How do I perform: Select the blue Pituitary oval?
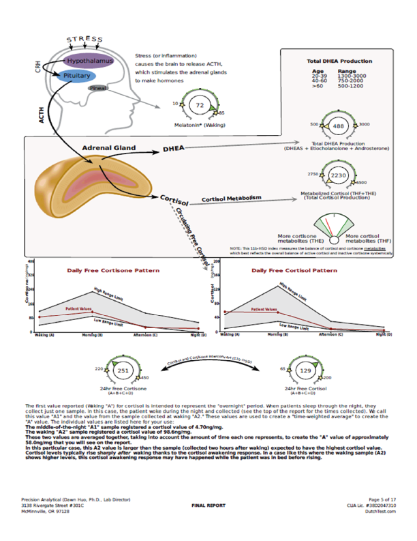(x=77, y=76)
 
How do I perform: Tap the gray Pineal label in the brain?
(x=98, y=88)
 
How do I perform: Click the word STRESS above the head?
(x=80, y=40)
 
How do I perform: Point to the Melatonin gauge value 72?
(x=200, y=106)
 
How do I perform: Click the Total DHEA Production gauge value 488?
(x=339, y=127)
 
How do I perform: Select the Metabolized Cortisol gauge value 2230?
(x=338, y=175)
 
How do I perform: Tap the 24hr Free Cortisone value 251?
(x=123, y=370)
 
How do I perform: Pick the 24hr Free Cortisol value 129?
(x=305, y=370)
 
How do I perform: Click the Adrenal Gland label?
(x=108, y=148)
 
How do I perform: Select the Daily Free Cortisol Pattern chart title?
(x=294, y=270)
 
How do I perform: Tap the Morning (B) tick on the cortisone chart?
(x=93, y=336)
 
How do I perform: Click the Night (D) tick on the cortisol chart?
(x=385, y=336)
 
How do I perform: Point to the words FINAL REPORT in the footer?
(x=208, y=506)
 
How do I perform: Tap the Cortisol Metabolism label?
(x=232, y=199)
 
